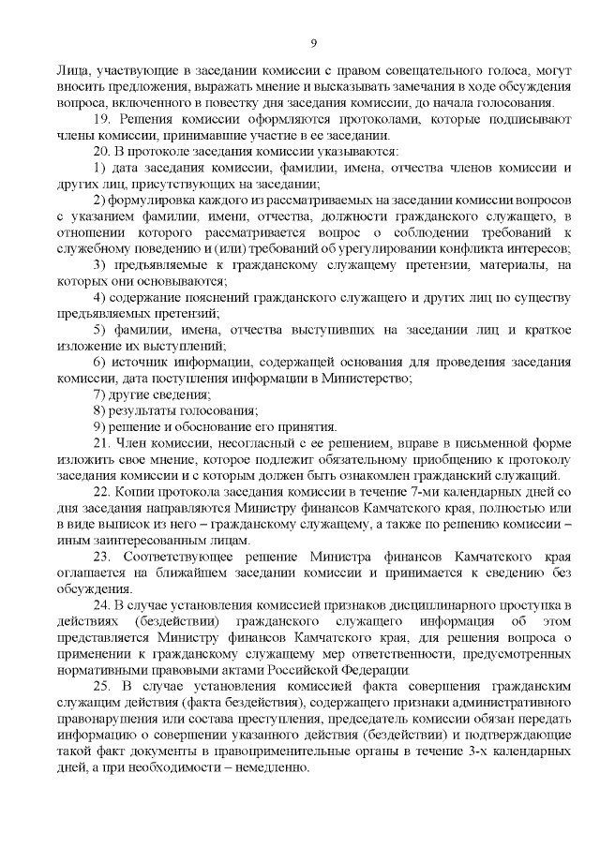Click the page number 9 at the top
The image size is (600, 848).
pyautogui.click(x=314, y=42)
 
